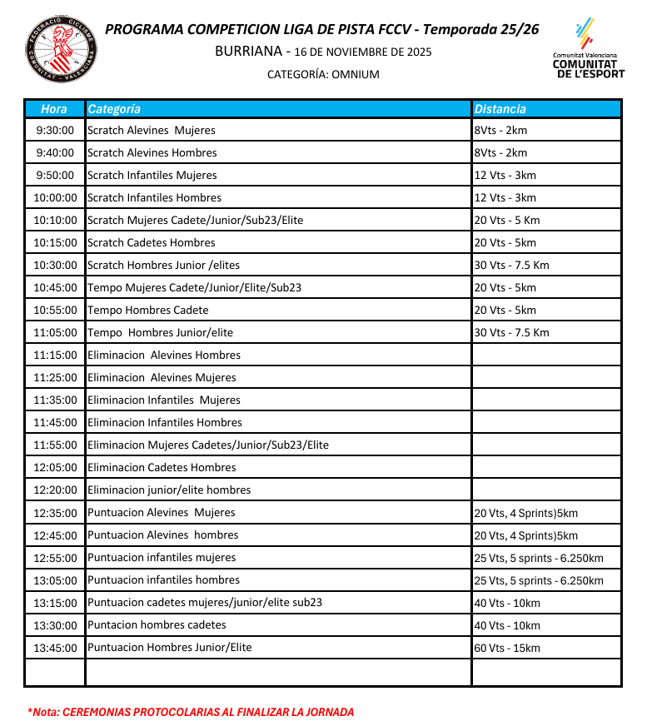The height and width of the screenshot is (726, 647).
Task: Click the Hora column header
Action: pyautogui.click(x=54, y=109)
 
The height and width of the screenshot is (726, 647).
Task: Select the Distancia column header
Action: pyautogui.click(x=500, y=109)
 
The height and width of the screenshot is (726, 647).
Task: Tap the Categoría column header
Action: pyautogui.click(x=114, y=109)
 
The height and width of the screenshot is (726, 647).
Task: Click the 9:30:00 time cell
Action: pyautogui.click(x=55, y=131)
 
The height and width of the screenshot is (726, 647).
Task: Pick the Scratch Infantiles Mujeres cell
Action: pyautogui.click(x=152, y=176)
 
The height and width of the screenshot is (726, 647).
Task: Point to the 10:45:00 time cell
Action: pyautogui.click(x=55, y=288)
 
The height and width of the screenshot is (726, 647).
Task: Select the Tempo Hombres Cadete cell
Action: pyautogui.click(x=148, y=311)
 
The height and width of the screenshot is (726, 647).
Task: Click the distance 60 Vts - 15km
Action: pyautogui.click(x=507, y=648)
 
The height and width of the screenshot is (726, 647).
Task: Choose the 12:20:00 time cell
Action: pyautogui.click(x=55, y=490)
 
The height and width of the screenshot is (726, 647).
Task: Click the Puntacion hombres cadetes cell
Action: pyautogui.click(x=157, y=625)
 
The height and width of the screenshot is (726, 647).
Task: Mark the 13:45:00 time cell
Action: pyautogui.click(x=55, y=648)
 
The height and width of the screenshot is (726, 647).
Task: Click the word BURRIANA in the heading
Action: pyautogui.click(x=248, y=52)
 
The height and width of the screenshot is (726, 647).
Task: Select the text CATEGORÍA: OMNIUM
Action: pyautogui.click(x=323, y=75)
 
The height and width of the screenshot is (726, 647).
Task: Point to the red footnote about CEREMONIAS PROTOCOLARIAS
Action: pyautogui.click(x=191, y=712)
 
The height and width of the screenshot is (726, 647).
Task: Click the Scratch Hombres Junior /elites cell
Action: pyautogui.click(x=163, y=266)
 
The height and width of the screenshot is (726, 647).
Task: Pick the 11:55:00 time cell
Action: pyautogui.click(x=55, y=445)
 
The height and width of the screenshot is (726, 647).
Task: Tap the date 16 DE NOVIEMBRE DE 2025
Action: pyautogui.click(x=363, y=52)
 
